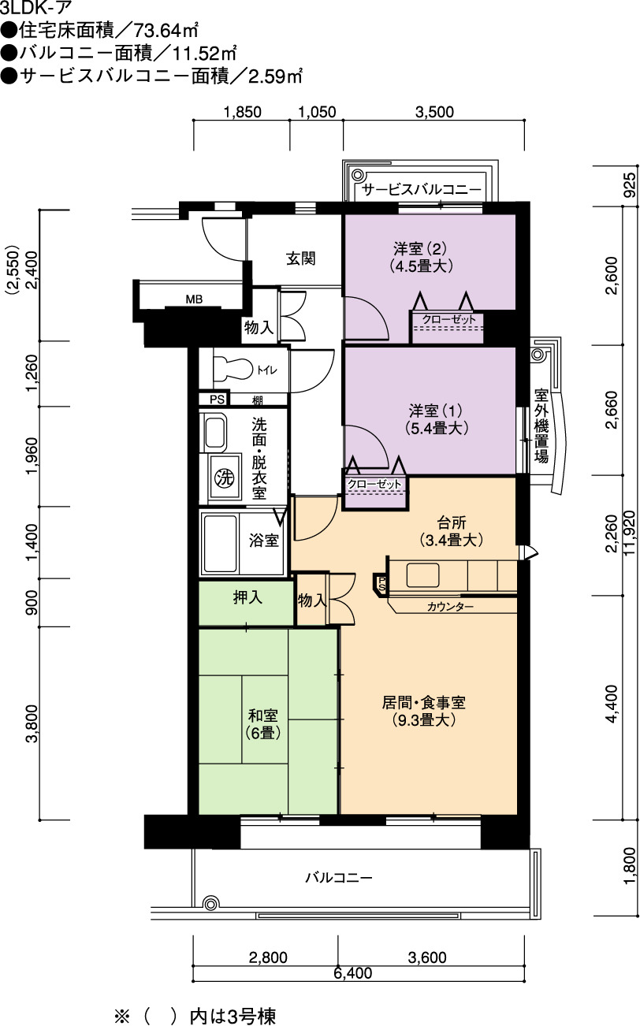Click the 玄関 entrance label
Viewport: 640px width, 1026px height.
[x=301, y=258]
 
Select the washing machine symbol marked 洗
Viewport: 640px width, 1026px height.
[x=225, y=478]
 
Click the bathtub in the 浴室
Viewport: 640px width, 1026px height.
[x=221, y=543]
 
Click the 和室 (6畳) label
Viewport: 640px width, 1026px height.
[x=263, y=723]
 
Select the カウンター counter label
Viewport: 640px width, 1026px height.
[x=450, y=607]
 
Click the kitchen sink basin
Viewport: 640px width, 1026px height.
[x=422, y=575]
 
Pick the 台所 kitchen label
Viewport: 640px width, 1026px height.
[x=452, y=531]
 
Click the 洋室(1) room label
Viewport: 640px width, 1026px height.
[x=436, y=419]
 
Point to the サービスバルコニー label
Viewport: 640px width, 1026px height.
[x=422, y=190]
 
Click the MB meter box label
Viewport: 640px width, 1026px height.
[x=194, y=299]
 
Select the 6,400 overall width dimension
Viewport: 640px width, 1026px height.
[x=353, y=973]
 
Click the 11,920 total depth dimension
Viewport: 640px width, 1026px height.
[x=631, y=533]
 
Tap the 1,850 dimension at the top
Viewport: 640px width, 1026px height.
[x=242, y=112]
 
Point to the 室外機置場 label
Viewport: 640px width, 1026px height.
[x=541, y=426]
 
